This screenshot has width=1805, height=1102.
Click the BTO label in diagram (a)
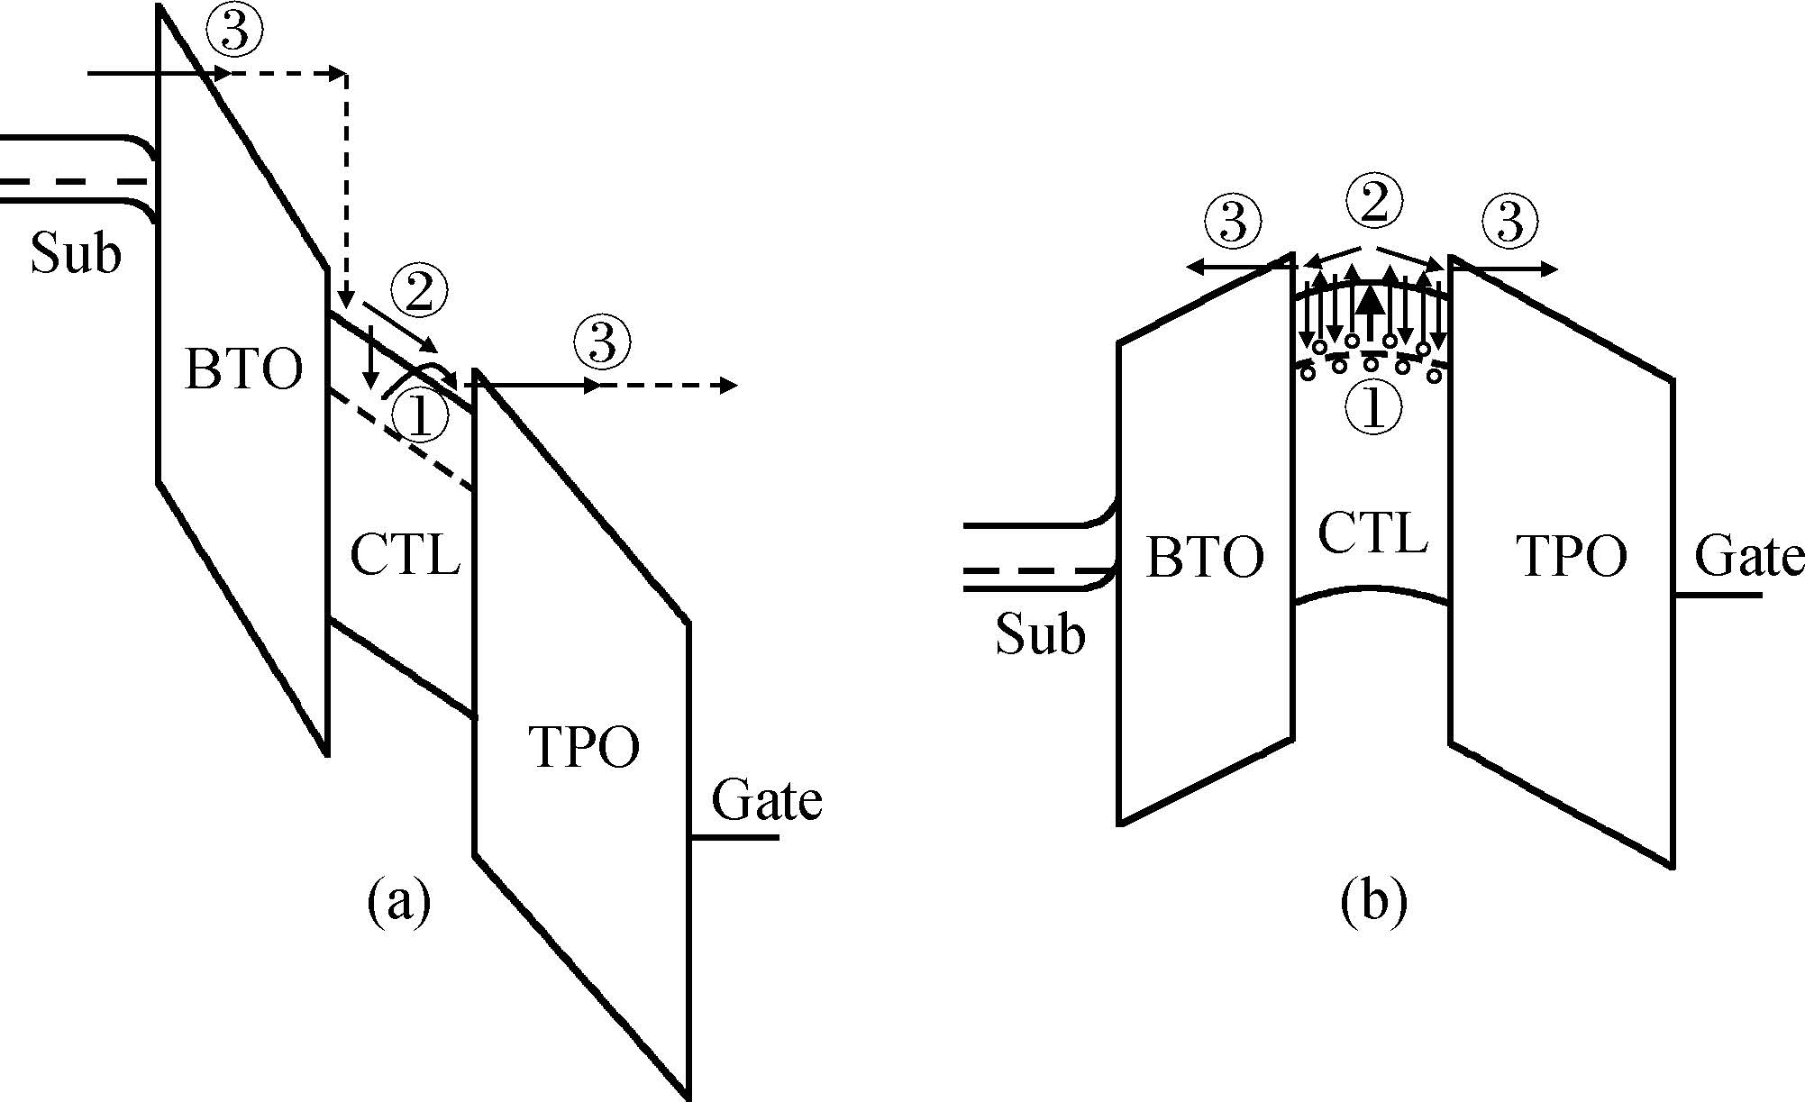point(243,369)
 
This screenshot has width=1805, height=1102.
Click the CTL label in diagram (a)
point(405,554)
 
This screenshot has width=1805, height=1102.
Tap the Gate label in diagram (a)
point(767,800)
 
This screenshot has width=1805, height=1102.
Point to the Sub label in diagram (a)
point(76,252)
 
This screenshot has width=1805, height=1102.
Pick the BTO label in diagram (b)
point(1205,557)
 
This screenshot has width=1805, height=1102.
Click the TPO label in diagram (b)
point(1573,556)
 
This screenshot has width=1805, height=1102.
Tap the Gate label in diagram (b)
point(1749,556)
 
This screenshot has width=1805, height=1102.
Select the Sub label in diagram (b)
point(1040,634)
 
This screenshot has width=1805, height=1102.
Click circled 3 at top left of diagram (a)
point(234,33)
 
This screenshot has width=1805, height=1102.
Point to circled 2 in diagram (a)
point(419,294)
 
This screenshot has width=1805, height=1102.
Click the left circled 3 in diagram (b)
point(1234,222)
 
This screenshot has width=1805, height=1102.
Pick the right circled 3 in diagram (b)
point(1510,222)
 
